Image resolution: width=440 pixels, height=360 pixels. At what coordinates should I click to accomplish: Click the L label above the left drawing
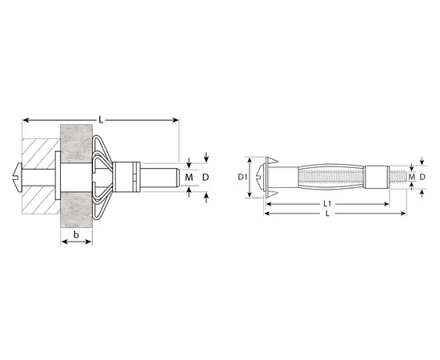[101, 120]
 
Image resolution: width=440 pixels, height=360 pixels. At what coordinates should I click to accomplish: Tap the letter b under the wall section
[76, 234]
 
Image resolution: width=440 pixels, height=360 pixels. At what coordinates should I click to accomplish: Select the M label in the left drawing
[189, 178]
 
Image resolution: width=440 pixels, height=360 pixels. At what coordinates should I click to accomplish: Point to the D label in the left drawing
[206, 178]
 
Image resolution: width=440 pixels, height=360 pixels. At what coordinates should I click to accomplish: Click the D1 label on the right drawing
[242, 177]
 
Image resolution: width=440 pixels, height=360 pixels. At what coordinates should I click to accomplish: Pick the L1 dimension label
[327, 204]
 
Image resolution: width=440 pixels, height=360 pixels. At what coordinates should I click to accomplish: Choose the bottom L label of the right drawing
[327, 214]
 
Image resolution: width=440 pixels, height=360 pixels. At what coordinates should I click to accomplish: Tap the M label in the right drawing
[412, 177]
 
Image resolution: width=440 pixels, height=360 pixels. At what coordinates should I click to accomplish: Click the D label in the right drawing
[422, 177]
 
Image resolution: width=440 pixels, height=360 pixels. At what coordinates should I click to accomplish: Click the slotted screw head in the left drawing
[18, 177]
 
